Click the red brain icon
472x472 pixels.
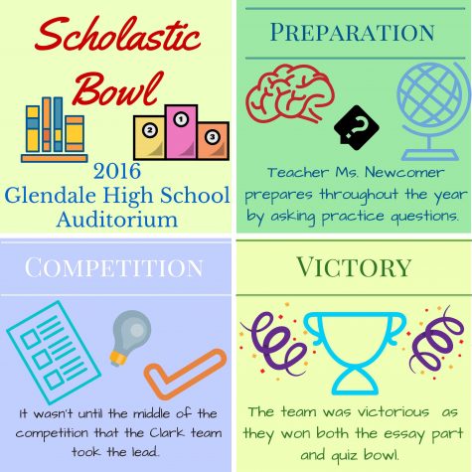[290, 93]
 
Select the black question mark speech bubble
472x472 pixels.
[357, 128]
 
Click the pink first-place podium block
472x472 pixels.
[182, 132]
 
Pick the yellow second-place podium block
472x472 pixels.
[149, 137]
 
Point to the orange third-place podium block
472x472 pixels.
[213, 141]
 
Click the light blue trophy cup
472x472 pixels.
[355, 353]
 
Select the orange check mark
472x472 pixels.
[186, 374]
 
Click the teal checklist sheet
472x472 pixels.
[54, 352]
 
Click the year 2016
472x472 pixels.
[117, 171]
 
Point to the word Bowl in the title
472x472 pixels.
[118, 88]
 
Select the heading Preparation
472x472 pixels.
[353, 33]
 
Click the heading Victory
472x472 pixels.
[354, 267]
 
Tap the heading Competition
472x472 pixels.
[113, 267]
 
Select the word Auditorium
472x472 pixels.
[117, 219]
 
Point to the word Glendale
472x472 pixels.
[50, 195]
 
